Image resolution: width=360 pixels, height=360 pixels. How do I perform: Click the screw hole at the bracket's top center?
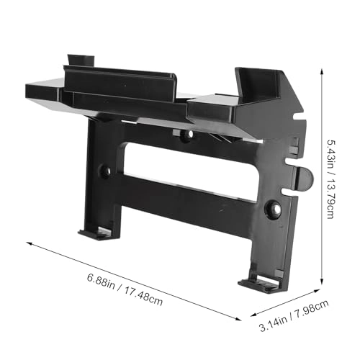click(186, 135)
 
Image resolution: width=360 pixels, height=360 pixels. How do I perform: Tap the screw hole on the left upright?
click(104, 171)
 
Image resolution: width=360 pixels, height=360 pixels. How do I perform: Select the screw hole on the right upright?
click(275, 208)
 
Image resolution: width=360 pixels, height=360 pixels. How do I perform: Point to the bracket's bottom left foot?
click(96, 233)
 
